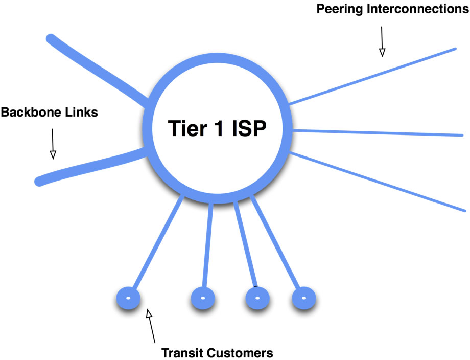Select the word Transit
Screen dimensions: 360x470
184,353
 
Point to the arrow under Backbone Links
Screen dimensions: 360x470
52,143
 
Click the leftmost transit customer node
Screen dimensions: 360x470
128,298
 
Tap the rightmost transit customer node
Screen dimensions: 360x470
304,298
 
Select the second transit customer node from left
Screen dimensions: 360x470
203,298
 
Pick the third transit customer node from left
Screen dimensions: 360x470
257,298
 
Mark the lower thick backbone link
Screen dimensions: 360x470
87,166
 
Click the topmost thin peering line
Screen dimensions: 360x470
373,76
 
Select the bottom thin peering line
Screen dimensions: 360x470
378,182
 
